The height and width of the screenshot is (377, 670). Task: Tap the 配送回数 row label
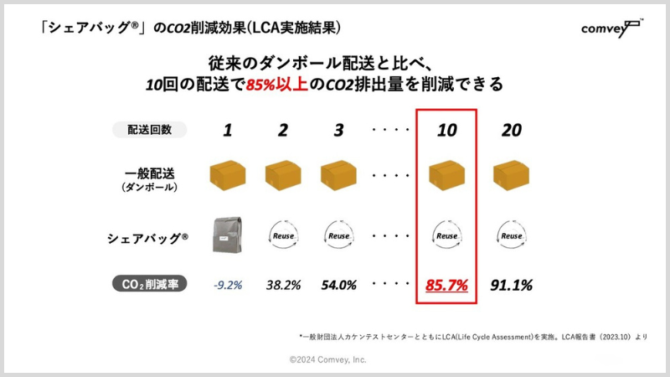click(149, 130)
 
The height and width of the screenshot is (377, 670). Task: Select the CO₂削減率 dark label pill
click(149, 285)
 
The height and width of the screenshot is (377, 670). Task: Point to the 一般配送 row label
click(148, 178)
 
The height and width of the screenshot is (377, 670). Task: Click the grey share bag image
click(227, 235)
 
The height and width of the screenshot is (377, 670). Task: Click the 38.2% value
click(282, 285)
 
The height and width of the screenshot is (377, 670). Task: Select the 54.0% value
click(338, 285)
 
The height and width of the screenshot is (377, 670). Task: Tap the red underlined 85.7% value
click(446, 285)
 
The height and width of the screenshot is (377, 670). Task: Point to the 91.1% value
click(511, 285)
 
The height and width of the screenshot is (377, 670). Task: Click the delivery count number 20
click(511, 130)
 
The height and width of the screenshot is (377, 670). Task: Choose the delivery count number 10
click(446, 130)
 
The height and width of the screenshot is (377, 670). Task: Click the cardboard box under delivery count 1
click(227, 175)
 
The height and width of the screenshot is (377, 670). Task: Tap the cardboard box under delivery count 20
click(511, 175)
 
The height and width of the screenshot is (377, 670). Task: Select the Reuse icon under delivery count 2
click(282, 235)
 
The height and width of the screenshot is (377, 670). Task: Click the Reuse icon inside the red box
click(446, 235)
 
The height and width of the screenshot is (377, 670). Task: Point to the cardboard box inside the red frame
click(446, 175)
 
